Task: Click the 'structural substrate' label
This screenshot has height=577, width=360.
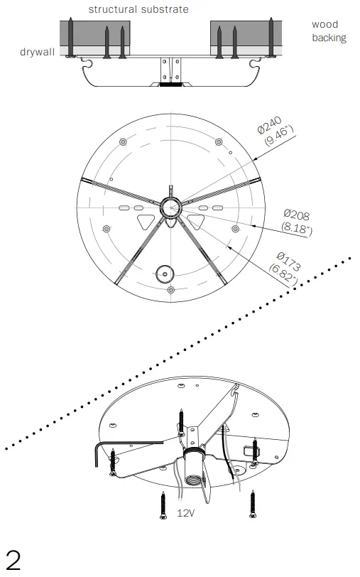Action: (138, 9)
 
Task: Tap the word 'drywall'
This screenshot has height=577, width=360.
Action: (37, 52)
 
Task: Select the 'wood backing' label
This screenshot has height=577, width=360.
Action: (329, 31)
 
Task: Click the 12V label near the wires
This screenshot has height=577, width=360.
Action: (186, 512)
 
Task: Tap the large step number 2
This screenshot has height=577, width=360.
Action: (13, 561)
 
